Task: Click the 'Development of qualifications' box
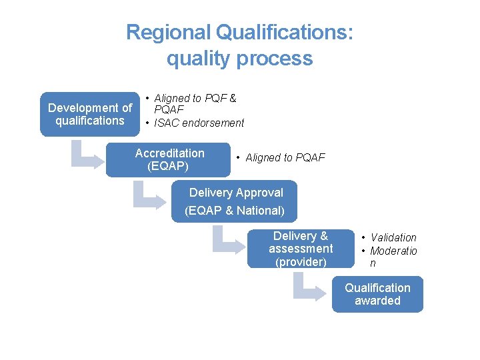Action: click(x=90, y=114)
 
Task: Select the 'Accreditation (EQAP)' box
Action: click(x=168, y=160)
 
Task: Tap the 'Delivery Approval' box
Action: click(x=235, y=201)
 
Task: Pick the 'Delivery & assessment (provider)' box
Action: click(x=301, y=249)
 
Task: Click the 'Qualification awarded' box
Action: click(x=377, y=294)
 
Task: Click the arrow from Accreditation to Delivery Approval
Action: click(x=147, y=196)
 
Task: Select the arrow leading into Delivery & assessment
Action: click(x=226, y=241)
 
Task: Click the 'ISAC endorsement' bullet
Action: click(x=199, y=123)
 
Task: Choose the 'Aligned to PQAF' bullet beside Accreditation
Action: click(x=285, y=157)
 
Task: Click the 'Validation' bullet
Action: click(x=393, y=237)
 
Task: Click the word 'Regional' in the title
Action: click(x=167, y=32)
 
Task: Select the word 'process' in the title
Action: click(x=275, y=58)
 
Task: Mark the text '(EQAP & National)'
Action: click(x=235, y=211)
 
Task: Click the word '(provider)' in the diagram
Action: click(x=301, y=262)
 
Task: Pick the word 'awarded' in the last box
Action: click(x=377, y=301)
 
